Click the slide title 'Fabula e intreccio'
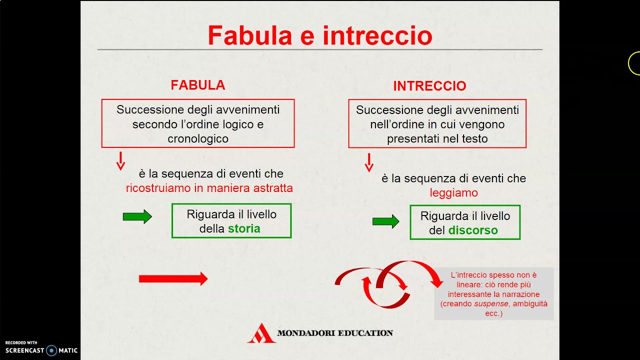[320, 35]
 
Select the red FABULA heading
[198, 85]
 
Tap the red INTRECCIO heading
[429, 86]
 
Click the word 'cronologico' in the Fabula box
[198, 139]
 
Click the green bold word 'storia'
[244, 229]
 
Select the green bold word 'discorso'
[473, 230]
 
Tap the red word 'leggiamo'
[453, 193]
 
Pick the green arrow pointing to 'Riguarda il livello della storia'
[137, 216]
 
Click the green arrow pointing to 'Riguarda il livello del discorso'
[385, 221]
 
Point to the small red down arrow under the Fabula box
[120, 160]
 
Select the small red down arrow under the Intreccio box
[369, 162]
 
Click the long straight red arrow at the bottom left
[173, 279]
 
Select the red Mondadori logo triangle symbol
[261, 333]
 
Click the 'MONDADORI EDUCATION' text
[335, 333]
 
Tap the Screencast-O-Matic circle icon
[51, 350]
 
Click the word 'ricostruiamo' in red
[158, 188]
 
